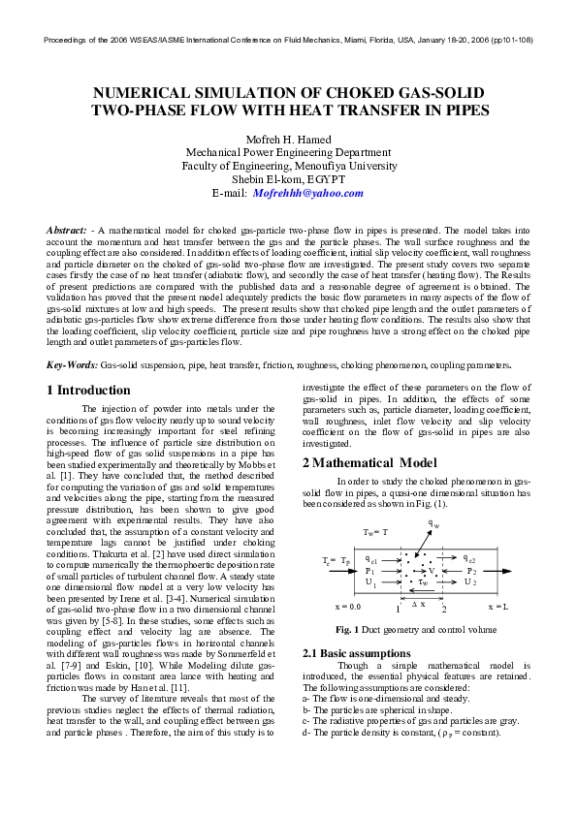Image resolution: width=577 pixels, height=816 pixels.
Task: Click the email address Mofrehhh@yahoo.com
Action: point(308,193)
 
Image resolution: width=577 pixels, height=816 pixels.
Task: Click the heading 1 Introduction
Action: point(88,390)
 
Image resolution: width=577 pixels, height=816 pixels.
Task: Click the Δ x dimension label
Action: point(419,603)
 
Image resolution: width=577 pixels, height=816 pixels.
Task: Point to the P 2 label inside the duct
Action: point(470,572)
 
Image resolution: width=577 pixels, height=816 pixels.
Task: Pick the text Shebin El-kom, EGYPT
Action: point(288,179)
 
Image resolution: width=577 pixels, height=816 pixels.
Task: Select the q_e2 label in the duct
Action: point(469,560)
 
